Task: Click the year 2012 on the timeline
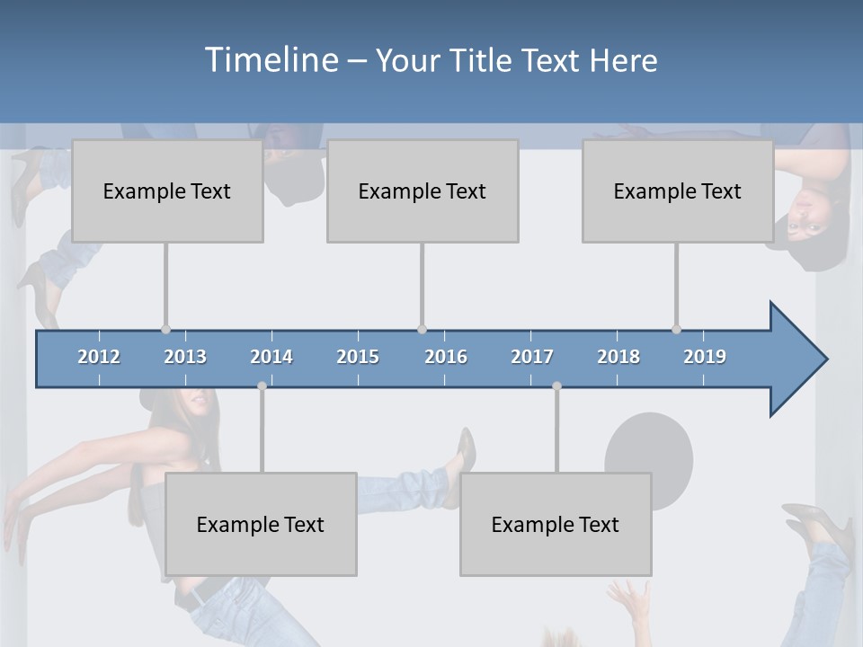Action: click(99, 357)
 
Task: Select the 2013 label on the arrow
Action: click(185, 357)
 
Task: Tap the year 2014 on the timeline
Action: click(271, 357)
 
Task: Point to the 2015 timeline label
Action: click(358, 357)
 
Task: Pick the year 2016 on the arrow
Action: click(446, 357)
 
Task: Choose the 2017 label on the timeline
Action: click(532, 357)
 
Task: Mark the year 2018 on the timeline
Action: click(618, 357)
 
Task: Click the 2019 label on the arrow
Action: click(705, 357)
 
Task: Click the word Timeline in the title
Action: click(271, 60)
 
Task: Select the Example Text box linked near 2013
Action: click(167, 191)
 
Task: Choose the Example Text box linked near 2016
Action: click(423, 191)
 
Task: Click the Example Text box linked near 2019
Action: click(678, 191)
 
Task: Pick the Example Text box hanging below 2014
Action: click(261, 524)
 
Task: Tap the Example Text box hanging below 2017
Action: click(556, 524)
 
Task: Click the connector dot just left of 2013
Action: click(165, 329)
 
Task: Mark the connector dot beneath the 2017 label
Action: click(556, 386)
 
